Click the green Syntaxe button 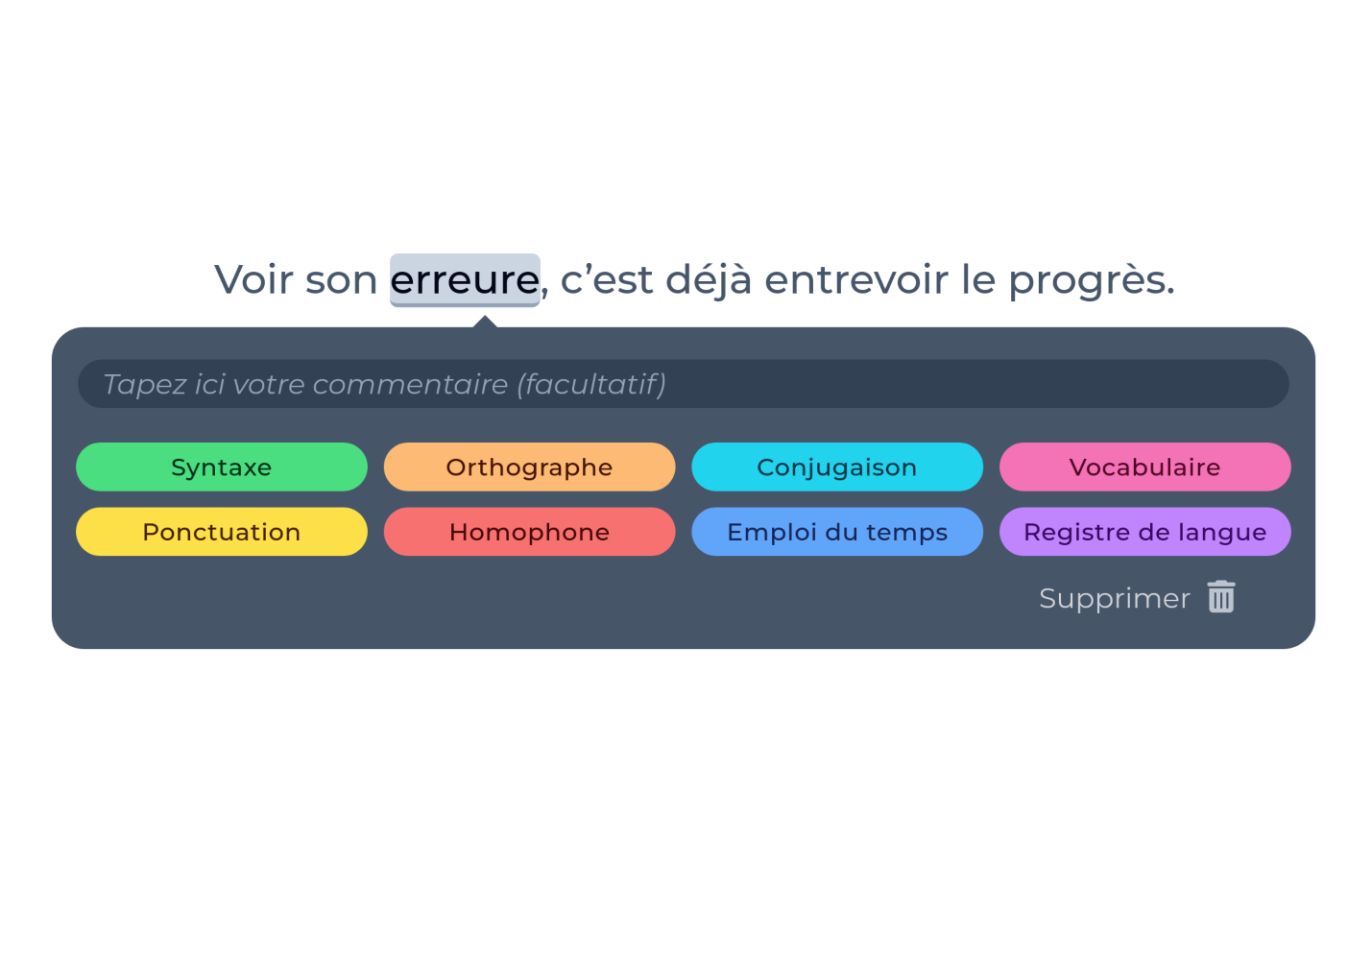click(x=222, y=467)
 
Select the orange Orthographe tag click(x=530, y=467)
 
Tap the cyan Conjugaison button click(x=837, y=467)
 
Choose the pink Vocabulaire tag click(x=1145, y=467)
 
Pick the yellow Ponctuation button click(x=222, y=532)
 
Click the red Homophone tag click(x=530, y=532)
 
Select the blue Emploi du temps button click(x=837, y=532)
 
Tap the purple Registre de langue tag click(x=1145, y=532)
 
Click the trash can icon click(x=1221, y=597)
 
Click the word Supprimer click(x=1115, y=598)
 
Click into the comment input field click(x=684, y=384)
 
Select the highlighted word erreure click(x=465, y=280)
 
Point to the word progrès click(x=1092, y=281)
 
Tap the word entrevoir click(x=856, y=280)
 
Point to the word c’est click(x=607, y=280)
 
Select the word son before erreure click(x=341, y=282)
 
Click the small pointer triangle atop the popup click(x=485, y=322)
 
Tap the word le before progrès click(x=978, y=280)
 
